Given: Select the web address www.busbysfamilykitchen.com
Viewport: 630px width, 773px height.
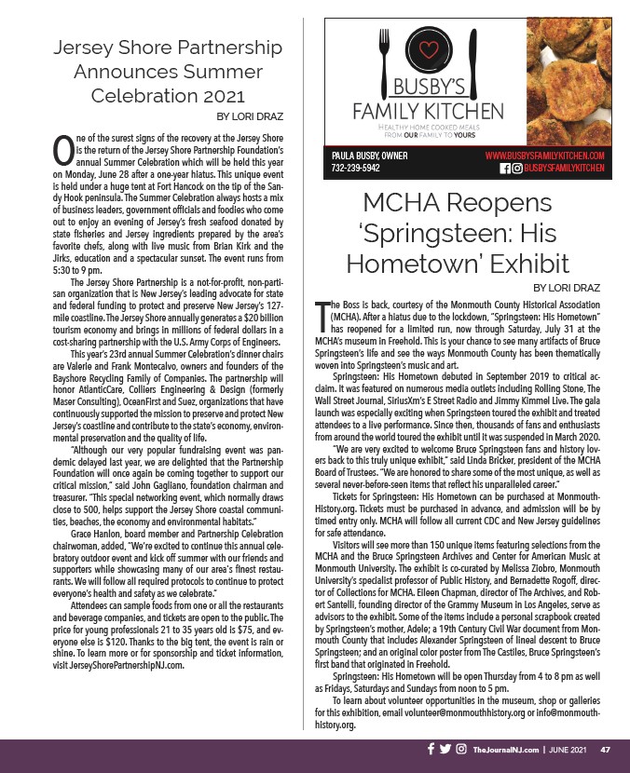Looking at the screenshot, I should tap(545, 155).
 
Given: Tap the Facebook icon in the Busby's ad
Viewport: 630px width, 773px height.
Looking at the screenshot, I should tap(505, 168).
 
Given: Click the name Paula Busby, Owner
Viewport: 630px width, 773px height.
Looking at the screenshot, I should tap(370, 155).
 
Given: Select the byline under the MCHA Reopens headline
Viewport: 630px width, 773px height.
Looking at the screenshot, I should tap(568, 290).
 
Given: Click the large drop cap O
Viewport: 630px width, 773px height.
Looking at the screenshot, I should tap(62, 149).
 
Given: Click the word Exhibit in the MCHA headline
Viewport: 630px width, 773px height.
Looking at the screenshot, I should tap(530, 264).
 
